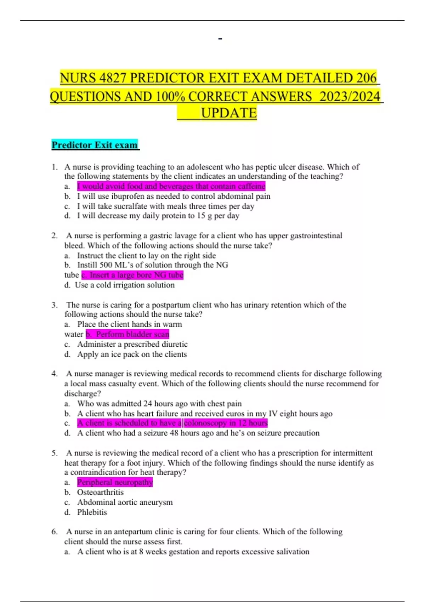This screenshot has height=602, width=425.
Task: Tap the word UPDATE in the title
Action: (x=229, y=113)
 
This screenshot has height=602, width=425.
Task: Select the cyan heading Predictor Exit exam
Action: (x=95, y=145)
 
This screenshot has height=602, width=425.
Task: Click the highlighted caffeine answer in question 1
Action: (x=171, y=186)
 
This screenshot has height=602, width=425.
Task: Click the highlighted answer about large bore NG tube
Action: (x=132, y=275)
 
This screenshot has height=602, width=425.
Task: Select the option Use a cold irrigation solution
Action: (x=124, y=285)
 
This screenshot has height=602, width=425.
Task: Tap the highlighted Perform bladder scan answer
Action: (x=128, y=334)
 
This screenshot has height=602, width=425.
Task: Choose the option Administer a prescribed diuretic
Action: (x=132, y=344)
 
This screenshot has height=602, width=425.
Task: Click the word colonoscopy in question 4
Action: (x=205, y=423)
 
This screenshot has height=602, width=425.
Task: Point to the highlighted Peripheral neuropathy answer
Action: (x=115, y=482)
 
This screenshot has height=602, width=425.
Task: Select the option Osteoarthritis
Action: (x=100, y=492)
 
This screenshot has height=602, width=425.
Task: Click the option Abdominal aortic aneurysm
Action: (x=125, y=502)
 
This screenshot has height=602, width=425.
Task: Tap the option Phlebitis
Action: (x=92, y=512)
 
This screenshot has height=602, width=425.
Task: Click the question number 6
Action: (x=55, y=532)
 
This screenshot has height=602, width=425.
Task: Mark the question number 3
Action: (x=55, y=305)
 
